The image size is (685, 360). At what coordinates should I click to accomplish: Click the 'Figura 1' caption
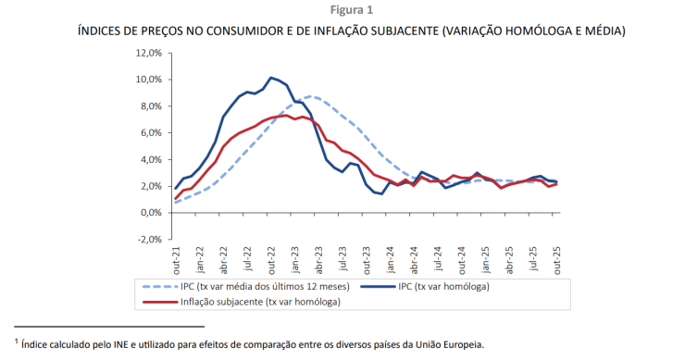tap(342, 9)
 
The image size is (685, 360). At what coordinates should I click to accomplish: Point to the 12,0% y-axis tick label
tap(148, 53)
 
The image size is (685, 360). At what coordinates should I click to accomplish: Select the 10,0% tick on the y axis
tap(148, 80)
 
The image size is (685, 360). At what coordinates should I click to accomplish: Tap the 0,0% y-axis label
tap(151, 213)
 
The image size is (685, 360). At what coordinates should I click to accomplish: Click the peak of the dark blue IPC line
tap(270, 78)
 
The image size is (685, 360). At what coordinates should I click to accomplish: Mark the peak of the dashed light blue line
tap(314, 96)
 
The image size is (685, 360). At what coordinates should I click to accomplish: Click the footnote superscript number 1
tap(17, 340)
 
